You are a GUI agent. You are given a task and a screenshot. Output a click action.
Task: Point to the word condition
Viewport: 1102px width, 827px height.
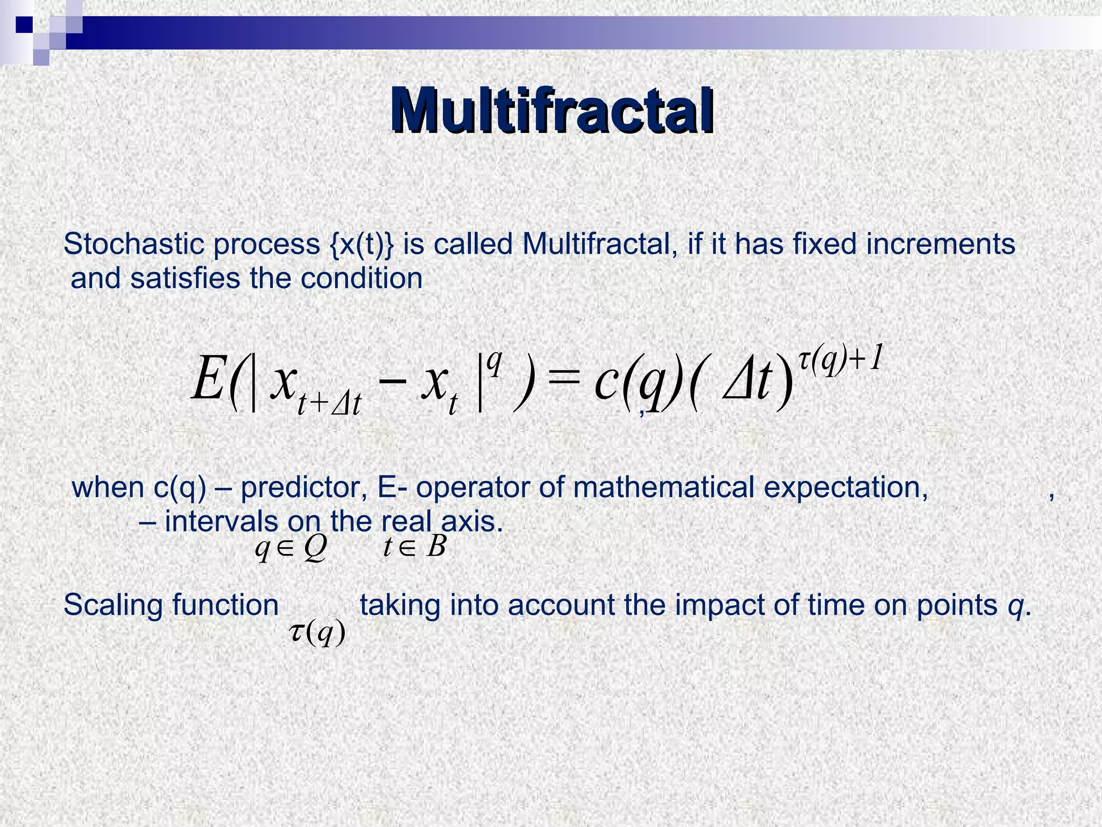(361, 278)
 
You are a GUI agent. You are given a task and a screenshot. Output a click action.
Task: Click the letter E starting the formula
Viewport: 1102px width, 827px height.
(208, 380)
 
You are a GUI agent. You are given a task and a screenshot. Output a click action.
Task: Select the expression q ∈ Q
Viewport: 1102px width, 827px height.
(291, 548)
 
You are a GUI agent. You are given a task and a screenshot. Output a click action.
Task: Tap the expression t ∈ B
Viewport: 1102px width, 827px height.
(414, 547)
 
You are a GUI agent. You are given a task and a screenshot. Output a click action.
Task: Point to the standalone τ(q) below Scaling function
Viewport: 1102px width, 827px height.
(317, 632)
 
